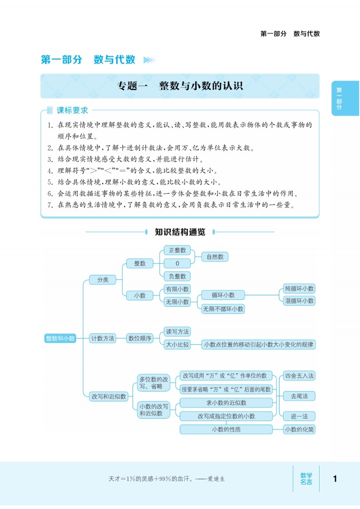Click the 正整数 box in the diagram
tap(177, 250)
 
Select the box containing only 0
tap(177, 263)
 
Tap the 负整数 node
tap(177, 276)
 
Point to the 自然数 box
tap(215, 257)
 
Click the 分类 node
tap(103, 280)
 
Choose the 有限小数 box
tap(177, 289)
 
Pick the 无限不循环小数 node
tap(223, 309)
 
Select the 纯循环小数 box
tap(299, 289)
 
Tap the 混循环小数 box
tap(299, 300)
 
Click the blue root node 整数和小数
tap(60, 338)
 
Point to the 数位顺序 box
tap(140, 338)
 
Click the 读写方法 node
tap(177, 332)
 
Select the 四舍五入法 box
tap(299, 376)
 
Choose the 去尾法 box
tap(299, 396)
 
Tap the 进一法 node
tap(299, 416)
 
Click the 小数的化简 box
tap(299, 429)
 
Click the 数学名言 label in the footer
tap(306, 479)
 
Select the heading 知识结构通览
tap(180, 232)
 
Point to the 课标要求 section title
tap(72, 110)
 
